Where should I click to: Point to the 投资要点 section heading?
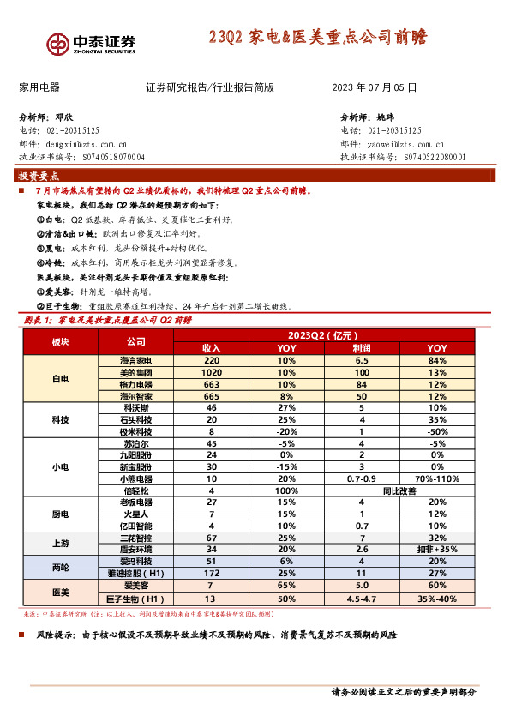39,175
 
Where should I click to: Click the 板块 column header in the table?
60,342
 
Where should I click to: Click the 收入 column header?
211,348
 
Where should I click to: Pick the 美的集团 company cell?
135,373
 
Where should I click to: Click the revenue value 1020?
211,373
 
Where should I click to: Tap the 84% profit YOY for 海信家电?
437,361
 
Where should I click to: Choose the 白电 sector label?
60,379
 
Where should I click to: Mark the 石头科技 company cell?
135,421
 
